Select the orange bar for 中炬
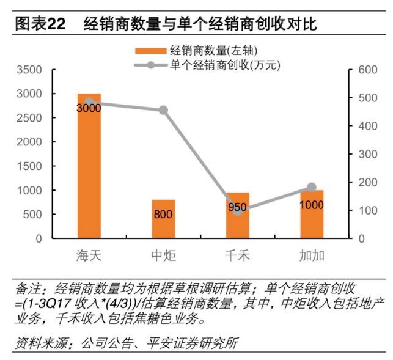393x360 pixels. [x=163, y=219]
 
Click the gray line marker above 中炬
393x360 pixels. [x=163, y=110]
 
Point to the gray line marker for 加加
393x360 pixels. [x=312, y=187]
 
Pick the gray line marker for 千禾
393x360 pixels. [x=238, y=210]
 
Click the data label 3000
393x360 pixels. [x=89, y=108]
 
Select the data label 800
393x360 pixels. [x=163, y=215]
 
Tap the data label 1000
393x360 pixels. [x=312, y=205]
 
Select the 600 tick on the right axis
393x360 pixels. [x=364, y=70]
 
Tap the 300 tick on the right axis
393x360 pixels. [x=364, y=154]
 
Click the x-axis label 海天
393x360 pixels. [x=89, y=255]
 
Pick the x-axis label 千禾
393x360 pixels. [x=238, y=255]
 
